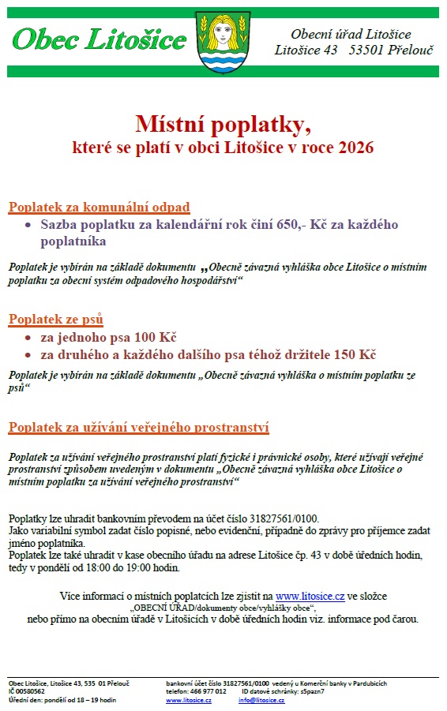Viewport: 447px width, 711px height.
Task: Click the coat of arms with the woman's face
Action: pos(225,41)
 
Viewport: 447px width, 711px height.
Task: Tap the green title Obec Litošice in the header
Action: pos(100,39)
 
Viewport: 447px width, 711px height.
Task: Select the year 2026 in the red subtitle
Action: pos(353,147)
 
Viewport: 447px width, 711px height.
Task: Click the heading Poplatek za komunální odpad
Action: pos(100,208)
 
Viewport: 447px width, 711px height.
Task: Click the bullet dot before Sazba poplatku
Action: pos(28,225)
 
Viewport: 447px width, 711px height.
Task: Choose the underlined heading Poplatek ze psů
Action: pos(56,320)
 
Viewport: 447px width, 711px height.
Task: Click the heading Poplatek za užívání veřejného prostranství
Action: pos(139,428)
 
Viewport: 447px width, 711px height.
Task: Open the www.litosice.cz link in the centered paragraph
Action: pos(310,595)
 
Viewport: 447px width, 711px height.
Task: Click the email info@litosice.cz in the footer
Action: pos(261,700)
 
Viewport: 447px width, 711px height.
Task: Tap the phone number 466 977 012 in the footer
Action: pos(208,691)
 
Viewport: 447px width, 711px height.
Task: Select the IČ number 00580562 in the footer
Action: pos(31,691)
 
